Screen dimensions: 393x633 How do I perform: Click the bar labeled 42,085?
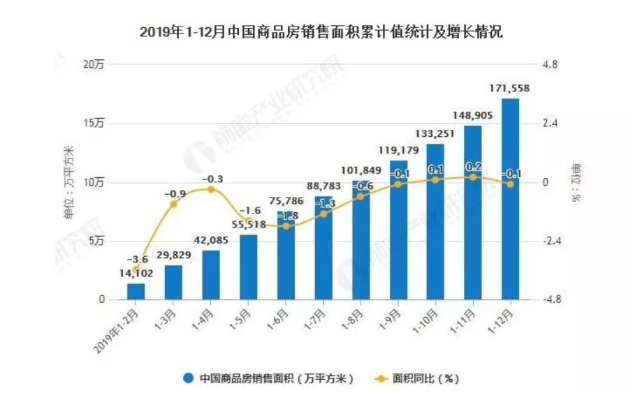pyautogui.click(x=211, y=275)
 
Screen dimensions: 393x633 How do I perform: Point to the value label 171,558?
pyautogui.click(x=510, y=88)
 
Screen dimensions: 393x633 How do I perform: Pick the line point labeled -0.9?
pyautogui.click(x=173, y=204)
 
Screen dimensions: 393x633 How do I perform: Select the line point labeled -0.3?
pyautogui.click(x=211, y=189)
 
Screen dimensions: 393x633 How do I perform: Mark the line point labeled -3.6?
pyautogui.click(x=136, y=269)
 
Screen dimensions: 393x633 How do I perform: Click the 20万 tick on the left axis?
pyautogui.click(x=94, y=65)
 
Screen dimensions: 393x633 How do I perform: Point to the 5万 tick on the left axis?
pyautogui.click(x=96, y=241)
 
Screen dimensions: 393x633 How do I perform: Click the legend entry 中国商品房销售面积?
pyautogui.click(x=270, y=378)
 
